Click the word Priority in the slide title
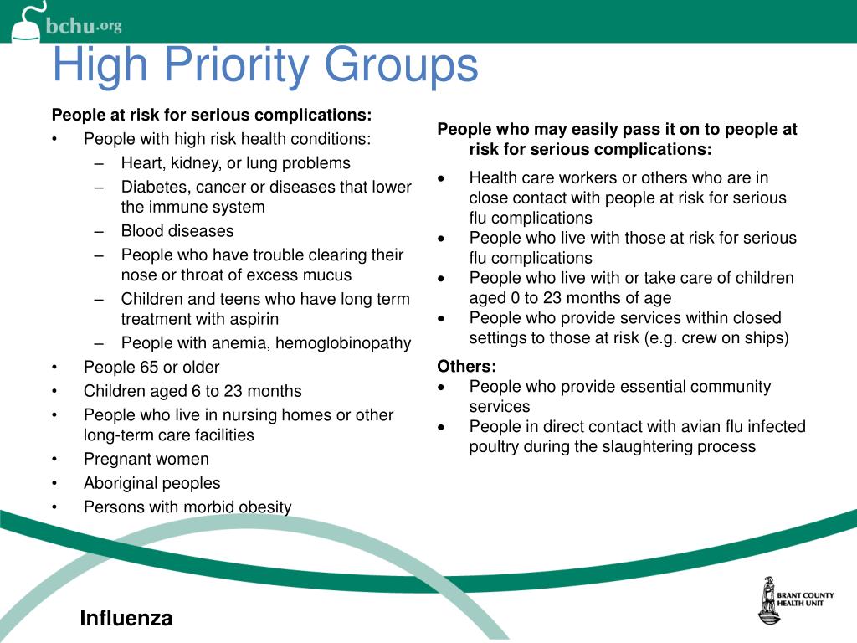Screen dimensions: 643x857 click(243, 65)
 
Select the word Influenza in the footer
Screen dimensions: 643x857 click(126, 619)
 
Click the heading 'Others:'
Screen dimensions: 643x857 click(467, 367)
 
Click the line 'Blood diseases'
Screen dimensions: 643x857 click(177, 231)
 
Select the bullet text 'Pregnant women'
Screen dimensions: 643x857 click(146, 459)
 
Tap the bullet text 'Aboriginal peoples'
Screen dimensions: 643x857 click(152, 483)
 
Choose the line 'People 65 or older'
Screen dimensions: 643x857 click(151, 367)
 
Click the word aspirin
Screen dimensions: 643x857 click(252, 319)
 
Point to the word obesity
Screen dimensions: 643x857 click(263, 507)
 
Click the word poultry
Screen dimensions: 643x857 click(495, 446)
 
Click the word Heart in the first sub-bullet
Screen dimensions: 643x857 click(141, 163)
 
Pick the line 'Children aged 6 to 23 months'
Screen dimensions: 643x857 click(192, 391)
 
